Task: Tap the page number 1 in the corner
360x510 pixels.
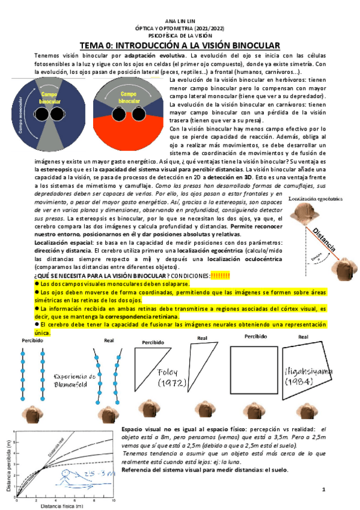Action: tap(323, 490)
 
